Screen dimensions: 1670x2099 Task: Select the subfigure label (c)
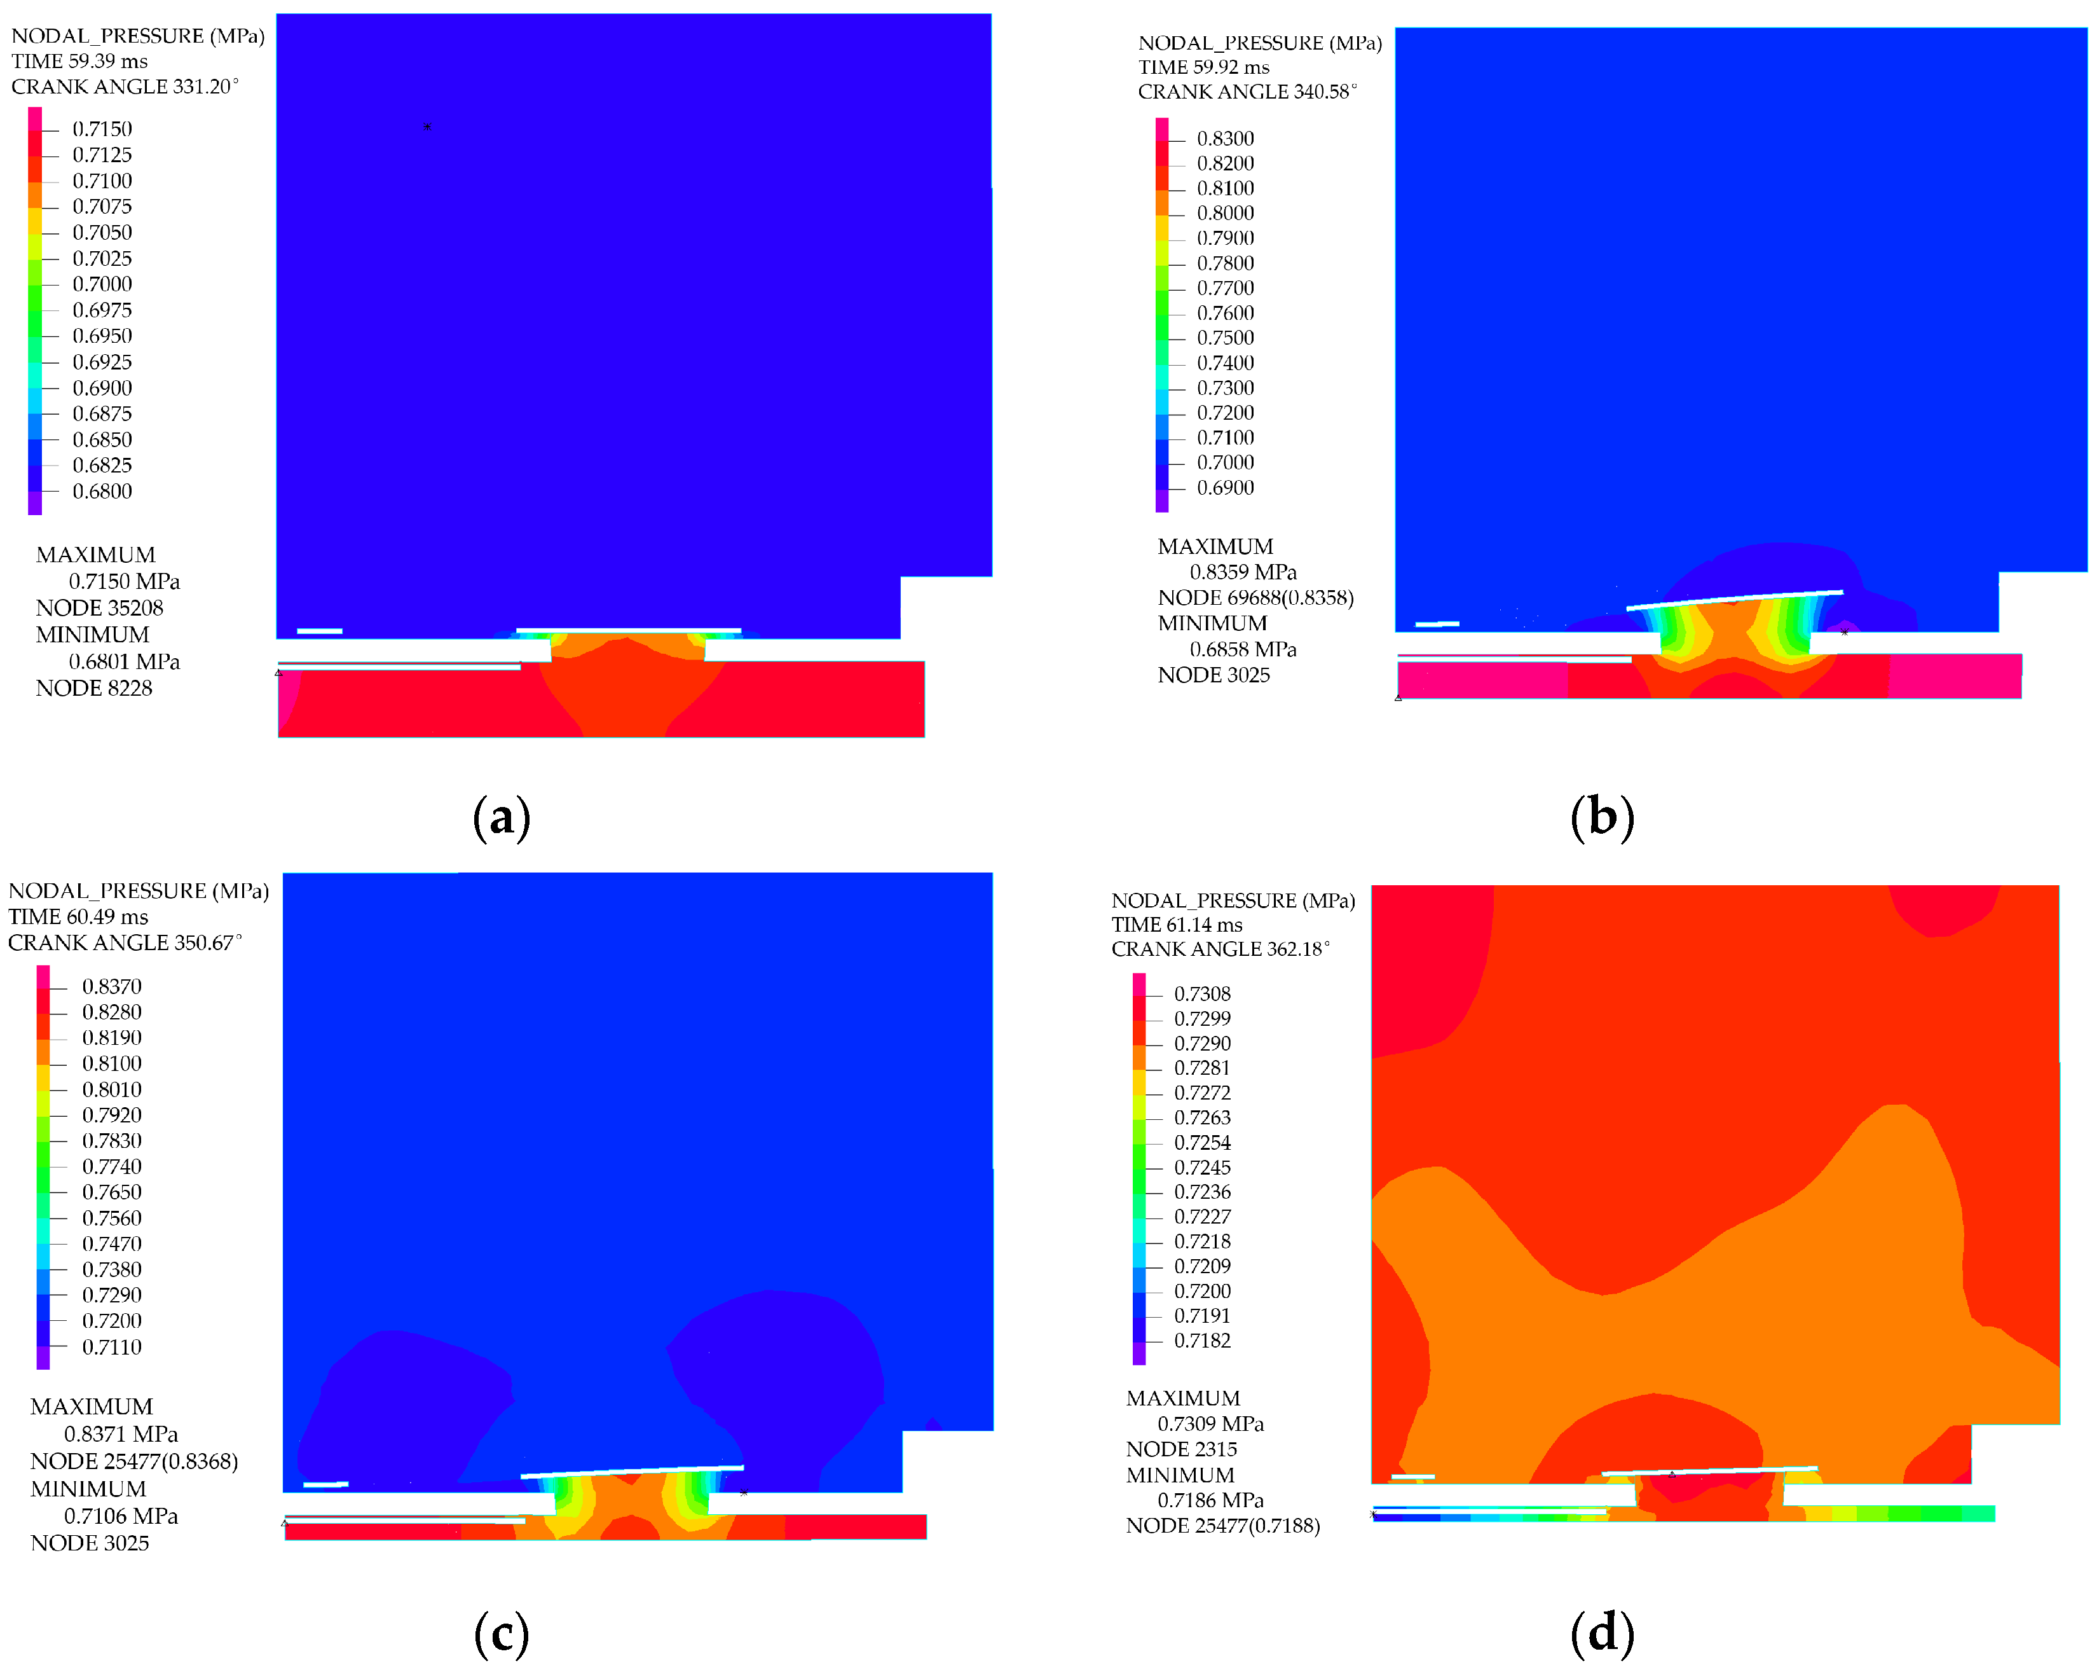point(502,1633)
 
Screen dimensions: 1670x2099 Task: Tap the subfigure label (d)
point(1601,1633)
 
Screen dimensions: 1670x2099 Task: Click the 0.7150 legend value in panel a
point(102,128)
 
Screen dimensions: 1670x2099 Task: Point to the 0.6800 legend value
point(102,491)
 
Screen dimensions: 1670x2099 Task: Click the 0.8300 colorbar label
point(1225,138)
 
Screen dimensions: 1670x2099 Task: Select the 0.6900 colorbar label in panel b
point(1225,487)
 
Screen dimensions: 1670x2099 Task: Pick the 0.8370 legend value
point(111,986)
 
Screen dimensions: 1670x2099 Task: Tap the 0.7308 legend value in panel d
point(1201,993)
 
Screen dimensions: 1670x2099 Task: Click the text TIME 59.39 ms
point(80,60)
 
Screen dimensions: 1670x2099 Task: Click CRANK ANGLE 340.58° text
point(1247,92)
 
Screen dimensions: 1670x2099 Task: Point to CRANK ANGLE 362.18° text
point(1220,948)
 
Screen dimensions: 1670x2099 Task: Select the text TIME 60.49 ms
point(78,916)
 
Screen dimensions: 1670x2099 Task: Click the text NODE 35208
point(99,607)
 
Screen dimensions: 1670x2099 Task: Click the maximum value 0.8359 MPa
point(1242,572)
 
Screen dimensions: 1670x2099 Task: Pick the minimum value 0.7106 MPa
point(121,1515)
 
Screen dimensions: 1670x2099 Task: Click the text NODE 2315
point(1181,1449)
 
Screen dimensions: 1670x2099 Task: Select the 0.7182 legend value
point(1201,1340)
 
